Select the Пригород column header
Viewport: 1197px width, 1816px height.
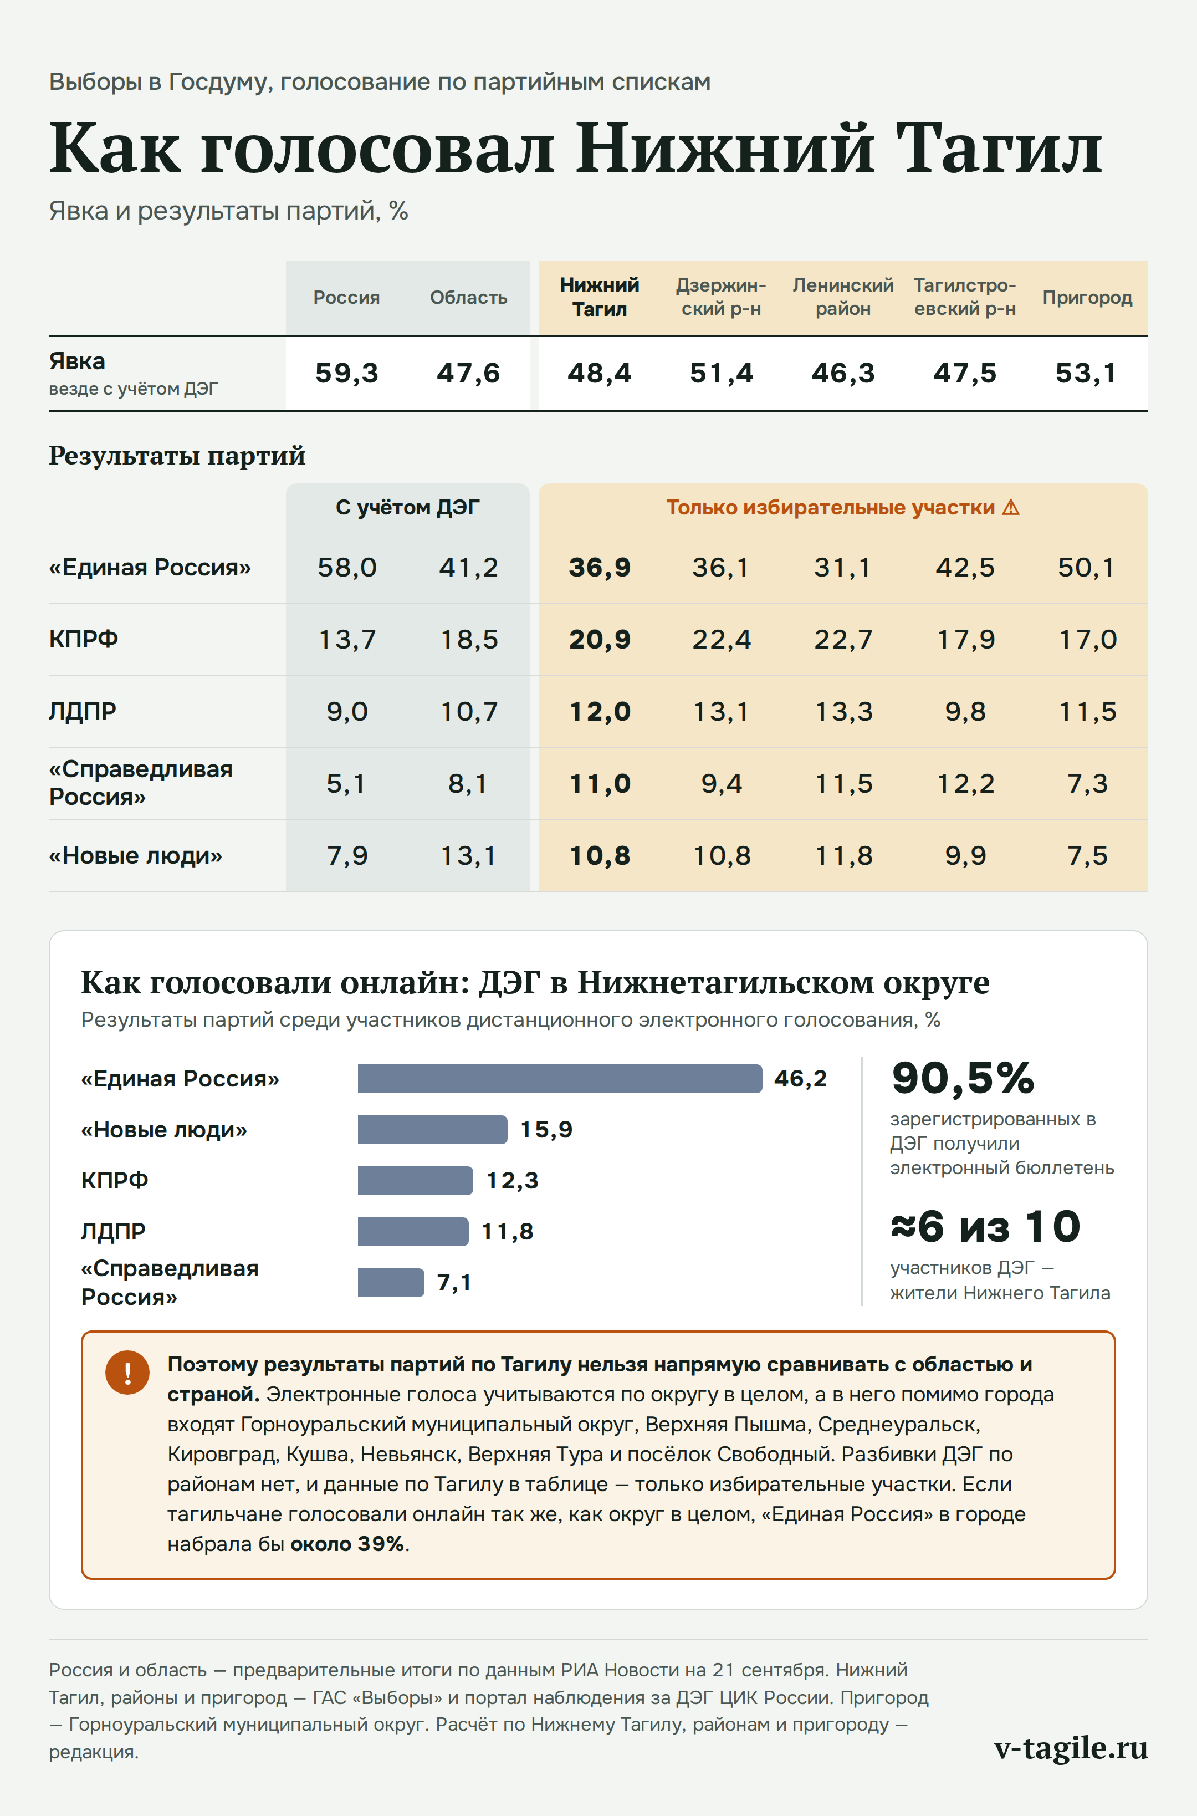point(1087,298)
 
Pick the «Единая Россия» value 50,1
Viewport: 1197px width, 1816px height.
point(1086,568)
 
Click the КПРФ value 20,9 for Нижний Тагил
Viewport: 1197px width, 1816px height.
point(600,639)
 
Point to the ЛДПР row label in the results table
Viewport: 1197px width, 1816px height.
point(83,711)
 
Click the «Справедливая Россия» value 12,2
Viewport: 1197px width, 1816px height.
point(966,783)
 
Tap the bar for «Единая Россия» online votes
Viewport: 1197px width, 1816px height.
point(560,1078)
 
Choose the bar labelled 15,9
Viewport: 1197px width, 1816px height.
point(432,1130)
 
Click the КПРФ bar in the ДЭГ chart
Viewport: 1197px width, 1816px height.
point(415,1181)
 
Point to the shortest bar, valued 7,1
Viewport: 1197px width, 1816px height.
point(391,1282)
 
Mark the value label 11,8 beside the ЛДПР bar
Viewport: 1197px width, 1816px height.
point(508,1232)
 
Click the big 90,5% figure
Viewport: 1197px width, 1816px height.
point(963,1078)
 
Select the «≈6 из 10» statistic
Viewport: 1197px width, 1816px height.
point(985,1226)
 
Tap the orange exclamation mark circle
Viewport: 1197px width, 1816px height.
point(127,1373)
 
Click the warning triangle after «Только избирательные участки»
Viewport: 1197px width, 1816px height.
point(1011,507)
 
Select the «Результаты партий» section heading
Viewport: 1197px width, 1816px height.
point(177,456)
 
